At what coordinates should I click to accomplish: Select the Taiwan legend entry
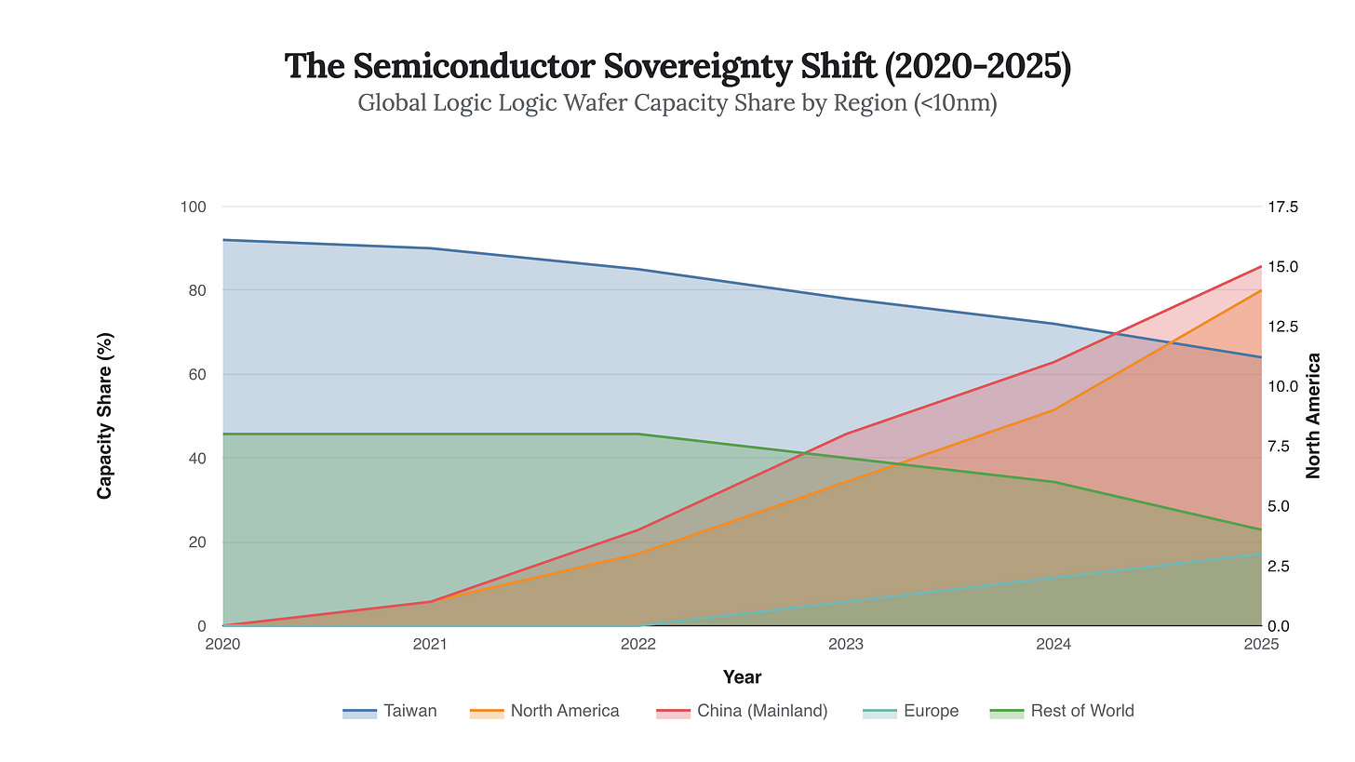coord(390,711)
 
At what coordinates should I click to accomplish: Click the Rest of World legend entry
coord(1064,711)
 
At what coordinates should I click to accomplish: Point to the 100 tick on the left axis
coord(194,207)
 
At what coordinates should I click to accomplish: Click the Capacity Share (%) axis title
coord(105,416)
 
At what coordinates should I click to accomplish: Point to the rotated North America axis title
coord(1314,416)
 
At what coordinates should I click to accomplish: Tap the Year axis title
coord(742,677)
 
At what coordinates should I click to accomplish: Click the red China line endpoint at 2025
coord(1261,266)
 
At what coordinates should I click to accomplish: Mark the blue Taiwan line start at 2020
coord(223,240)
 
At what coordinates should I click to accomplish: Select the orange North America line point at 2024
coord(1053,409)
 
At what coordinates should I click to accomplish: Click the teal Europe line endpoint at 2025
coord(1261,554)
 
